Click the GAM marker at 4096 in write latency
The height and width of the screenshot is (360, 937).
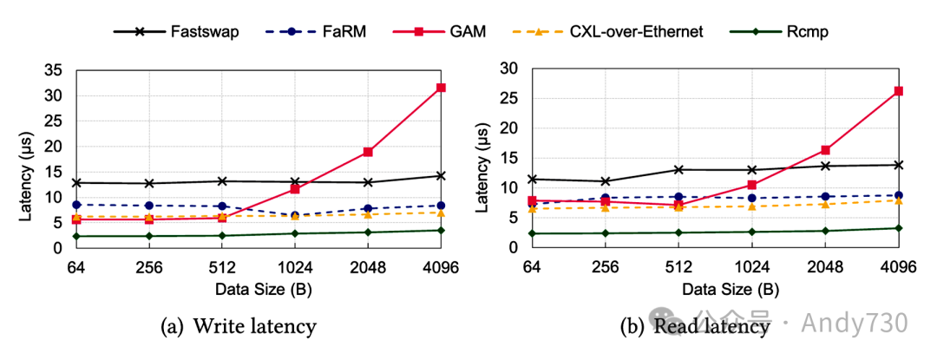tap(441, 88)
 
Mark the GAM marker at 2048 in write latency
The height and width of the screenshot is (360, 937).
tap(368, 152)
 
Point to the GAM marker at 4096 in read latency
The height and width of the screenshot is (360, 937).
tap(898, 91)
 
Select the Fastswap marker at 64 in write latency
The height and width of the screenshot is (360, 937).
tap(76, 183)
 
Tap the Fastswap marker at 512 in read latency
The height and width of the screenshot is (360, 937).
tap(679, 169)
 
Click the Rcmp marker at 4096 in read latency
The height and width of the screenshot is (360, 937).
tap(898, 228)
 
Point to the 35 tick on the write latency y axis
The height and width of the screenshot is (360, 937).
tap(59, 70)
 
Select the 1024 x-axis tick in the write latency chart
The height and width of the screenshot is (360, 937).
tap(295, 268)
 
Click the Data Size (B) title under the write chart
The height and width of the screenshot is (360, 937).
tap(259, 288)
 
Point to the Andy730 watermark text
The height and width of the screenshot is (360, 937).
tap(854, 323)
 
